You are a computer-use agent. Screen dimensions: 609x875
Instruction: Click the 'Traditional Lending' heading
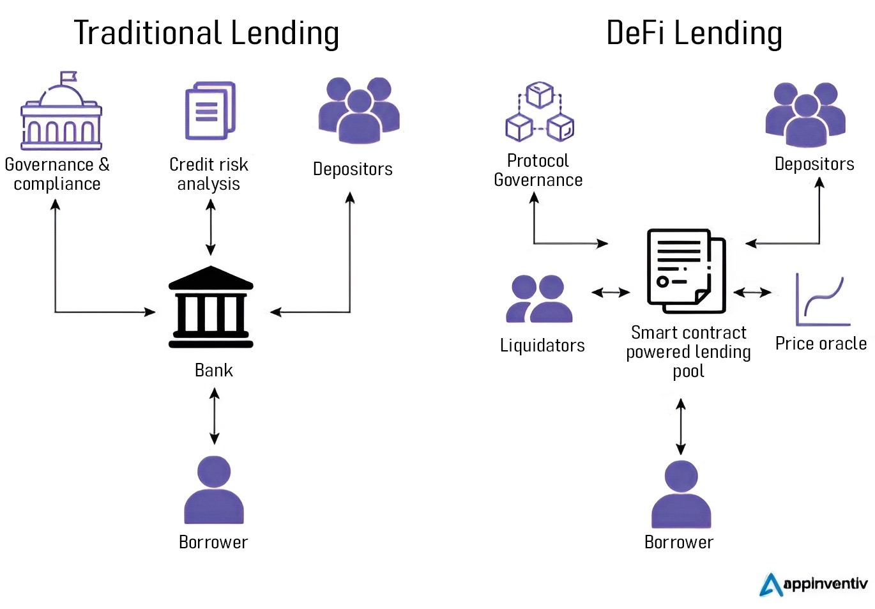point(206,33)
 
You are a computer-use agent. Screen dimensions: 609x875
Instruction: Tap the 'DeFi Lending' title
point(694,33)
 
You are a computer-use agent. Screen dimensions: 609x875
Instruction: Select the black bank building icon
point(211,307)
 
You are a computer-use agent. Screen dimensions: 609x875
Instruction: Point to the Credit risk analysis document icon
point(209,111)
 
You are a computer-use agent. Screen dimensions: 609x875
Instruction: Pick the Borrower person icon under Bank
point(214,490)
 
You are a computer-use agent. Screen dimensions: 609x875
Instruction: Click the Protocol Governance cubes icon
point(540,112)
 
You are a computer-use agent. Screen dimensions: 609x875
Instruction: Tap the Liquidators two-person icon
point(540,298)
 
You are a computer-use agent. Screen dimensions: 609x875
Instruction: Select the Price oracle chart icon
point(822,300)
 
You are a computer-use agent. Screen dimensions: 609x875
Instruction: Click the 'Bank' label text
point(213,371)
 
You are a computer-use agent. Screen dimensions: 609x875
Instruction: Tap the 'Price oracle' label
point(821,344)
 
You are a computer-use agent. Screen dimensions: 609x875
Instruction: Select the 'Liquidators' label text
point(542,346)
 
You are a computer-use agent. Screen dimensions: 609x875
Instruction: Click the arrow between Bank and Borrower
point(215,416)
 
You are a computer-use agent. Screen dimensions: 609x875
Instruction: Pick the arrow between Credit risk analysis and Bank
point(210,227)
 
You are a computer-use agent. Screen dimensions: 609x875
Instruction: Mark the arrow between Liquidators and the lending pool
point(611,293)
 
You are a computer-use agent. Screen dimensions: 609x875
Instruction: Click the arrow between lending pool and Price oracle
point(752,293)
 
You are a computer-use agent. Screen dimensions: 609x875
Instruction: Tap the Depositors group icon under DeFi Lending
point(805,114)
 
